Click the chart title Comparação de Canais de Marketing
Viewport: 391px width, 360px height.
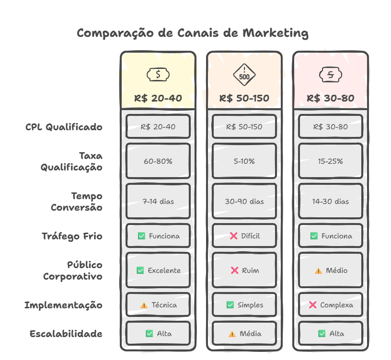pos(192,33)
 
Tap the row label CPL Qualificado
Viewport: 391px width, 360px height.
pos(64,127)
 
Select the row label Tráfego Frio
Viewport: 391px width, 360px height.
pos(72,236)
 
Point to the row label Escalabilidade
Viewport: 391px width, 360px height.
pos(66,334)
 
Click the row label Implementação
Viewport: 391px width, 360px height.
pos(63,305)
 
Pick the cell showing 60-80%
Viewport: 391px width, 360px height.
pos(158,161)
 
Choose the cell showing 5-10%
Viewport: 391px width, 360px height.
pos(244,161)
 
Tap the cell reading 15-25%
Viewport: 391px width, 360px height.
pos(331,161)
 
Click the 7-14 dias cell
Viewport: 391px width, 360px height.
pos(158,202)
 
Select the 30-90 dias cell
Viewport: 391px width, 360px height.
pos(244,202)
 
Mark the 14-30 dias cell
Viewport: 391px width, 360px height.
pos(331,202)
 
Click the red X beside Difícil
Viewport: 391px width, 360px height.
pos(234,236)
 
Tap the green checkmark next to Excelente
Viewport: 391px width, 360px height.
pos(140,270)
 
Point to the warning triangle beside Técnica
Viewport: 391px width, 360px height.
pos(144,305)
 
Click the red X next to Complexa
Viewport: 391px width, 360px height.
pos(313,305)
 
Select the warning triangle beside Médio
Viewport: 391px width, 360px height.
pos(318,270)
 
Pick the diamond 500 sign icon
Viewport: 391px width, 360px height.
pos(244,75)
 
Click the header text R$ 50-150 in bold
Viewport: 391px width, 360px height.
pos(244,98)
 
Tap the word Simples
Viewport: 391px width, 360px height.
pos(250,305)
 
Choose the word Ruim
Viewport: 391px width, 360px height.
pos(250,270)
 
